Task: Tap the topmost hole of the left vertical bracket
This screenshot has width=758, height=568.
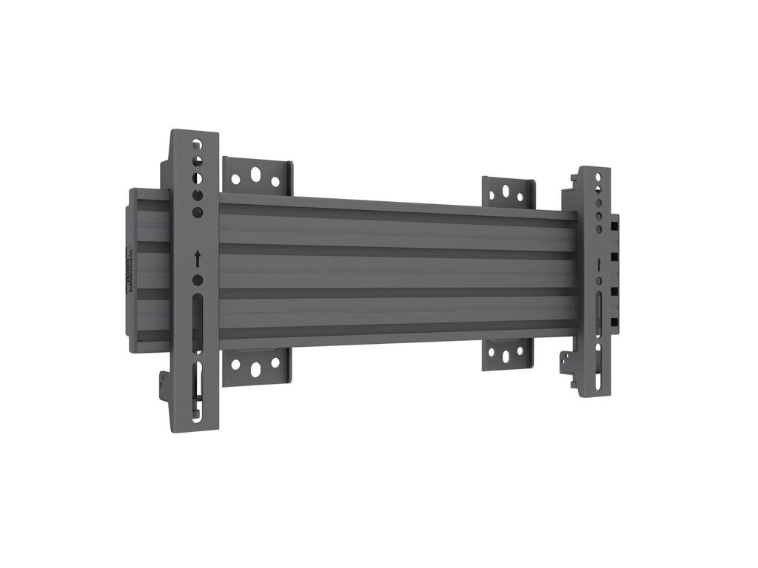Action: [196, 143]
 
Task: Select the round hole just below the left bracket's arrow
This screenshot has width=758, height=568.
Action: [198, 280]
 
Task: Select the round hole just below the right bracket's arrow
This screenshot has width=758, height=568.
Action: [598, 282]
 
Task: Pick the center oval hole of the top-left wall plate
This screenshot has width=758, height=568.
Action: [256, 175]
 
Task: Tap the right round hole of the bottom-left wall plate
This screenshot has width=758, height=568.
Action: [275, 364]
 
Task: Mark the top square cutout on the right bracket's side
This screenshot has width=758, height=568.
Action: [614, 222]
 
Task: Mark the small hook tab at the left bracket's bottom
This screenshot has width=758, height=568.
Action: [164, 385]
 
